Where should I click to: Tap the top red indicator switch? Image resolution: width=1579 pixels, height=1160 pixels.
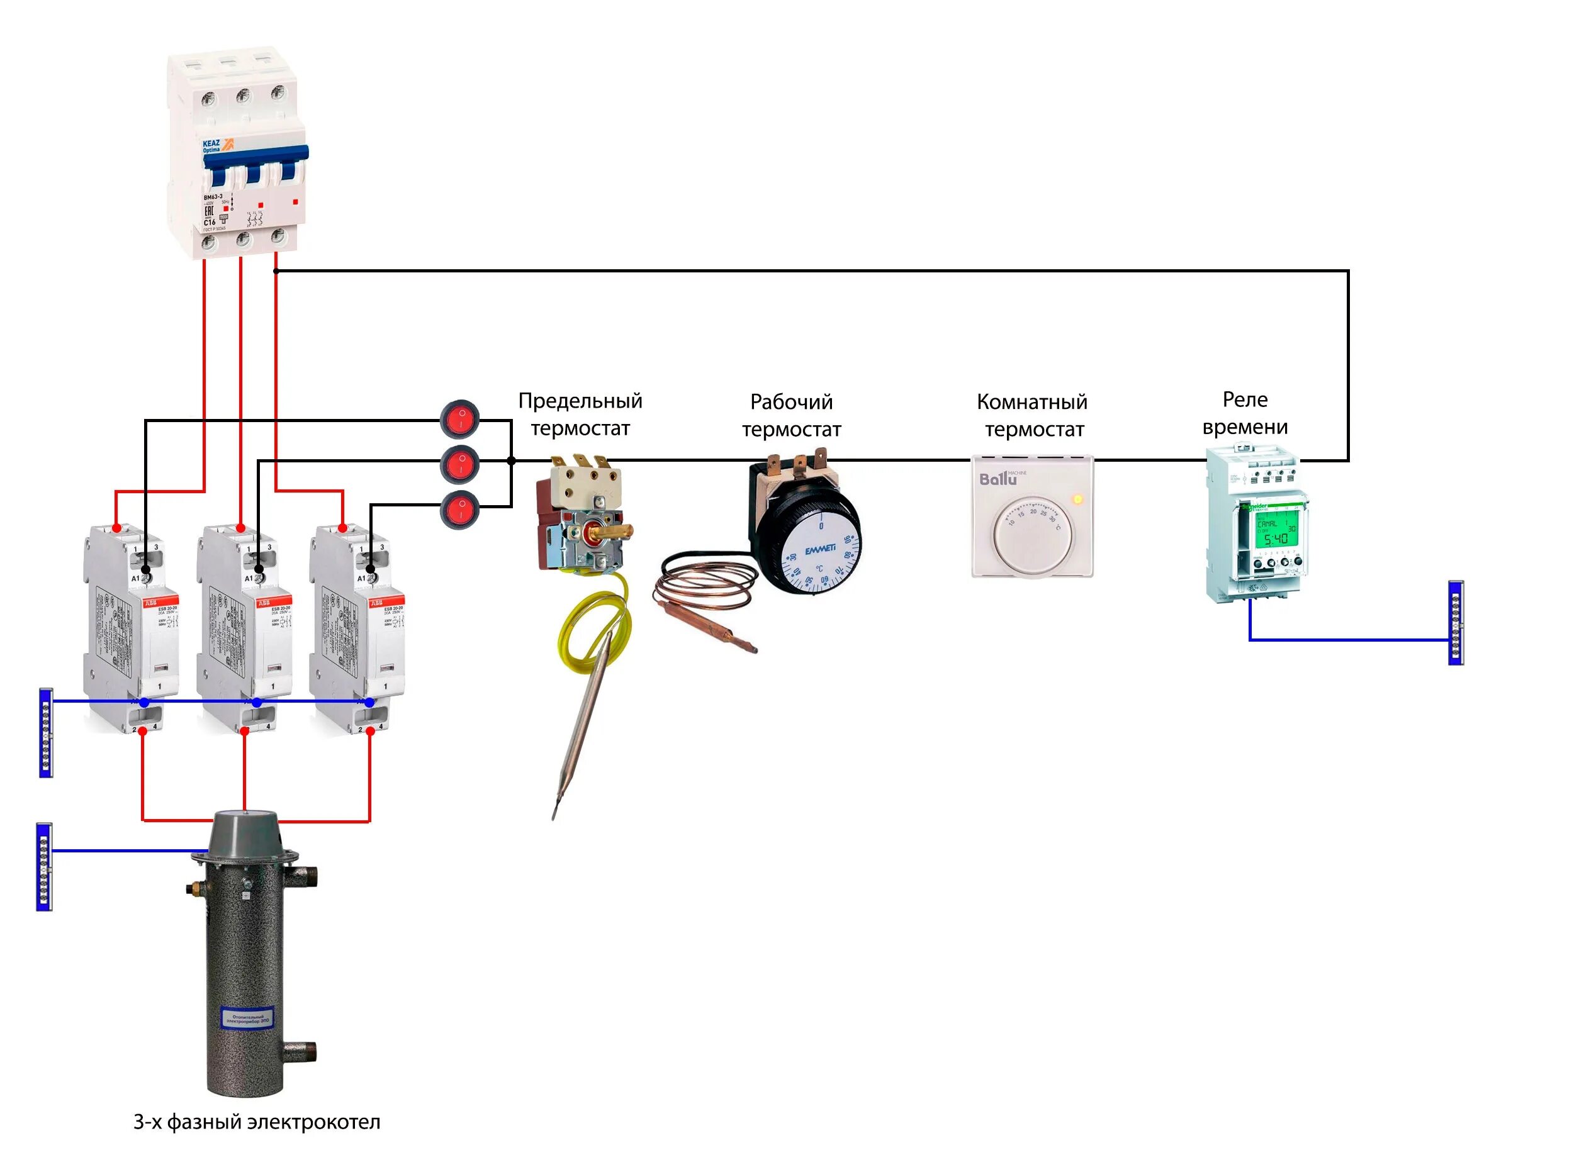pyautogui.click(x=459, y=419)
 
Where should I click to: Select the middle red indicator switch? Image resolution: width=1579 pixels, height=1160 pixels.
pyautogui.click(x=459, y=464)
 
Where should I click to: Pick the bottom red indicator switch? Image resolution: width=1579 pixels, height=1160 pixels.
pyautogui.click(x=459, y=509)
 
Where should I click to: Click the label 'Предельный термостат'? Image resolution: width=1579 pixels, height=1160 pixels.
pyautogui.click(x=580, y=415)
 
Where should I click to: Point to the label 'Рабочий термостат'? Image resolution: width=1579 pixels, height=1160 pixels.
pyautogui.click(x=792, y=415)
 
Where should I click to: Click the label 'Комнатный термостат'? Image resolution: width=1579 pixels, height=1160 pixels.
pyautogui.click(x=1033, y=415)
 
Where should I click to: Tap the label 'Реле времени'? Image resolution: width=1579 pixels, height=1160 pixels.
pyautogui.click(x=1245, y=413)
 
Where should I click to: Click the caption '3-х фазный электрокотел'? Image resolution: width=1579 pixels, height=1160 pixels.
pyautogui.click(x=256, y=1122)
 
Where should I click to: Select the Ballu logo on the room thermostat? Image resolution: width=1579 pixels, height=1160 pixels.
pyautogui.click(x=997, y=479)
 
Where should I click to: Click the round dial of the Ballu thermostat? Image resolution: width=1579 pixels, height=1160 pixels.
pyautogui.click(x=1033, y=535)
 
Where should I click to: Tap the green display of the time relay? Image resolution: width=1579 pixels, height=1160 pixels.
pyautogui.click(x=1276, y=531)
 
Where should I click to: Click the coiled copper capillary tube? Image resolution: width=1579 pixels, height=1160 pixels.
pyautogui.click(x=702, y=590)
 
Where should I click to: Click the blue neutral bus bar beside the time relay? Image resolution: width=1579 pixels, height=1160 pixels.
pyautogui.click(x=1456, y=623)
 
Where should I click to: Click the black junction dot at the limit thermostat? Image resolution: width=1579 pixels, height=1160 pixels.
pyautogui.click(x=512, y=460)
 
